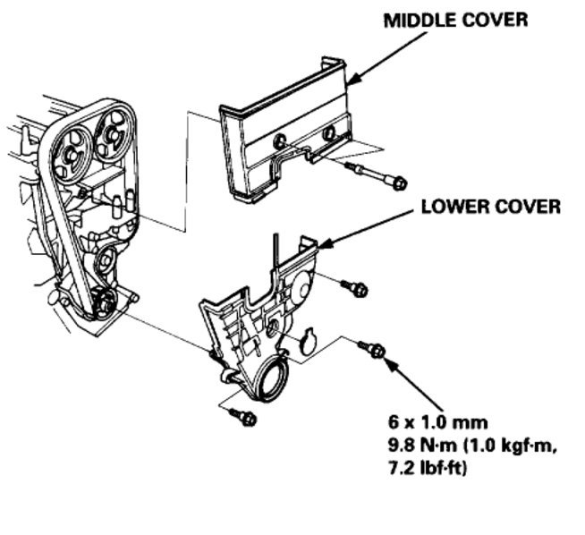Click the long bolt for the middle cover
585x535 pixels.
pos(375,175)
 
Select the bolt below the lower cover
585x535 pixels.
pos(242,416)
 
